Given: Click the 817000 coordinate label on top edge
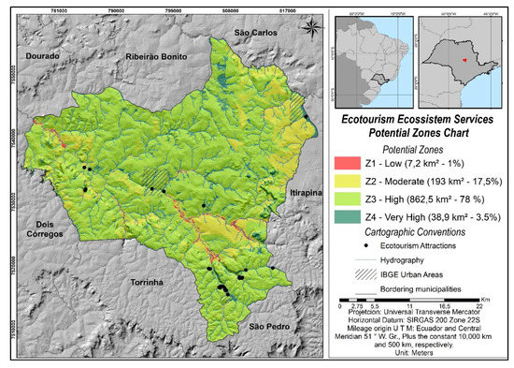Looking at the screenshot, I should (288, 11).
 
